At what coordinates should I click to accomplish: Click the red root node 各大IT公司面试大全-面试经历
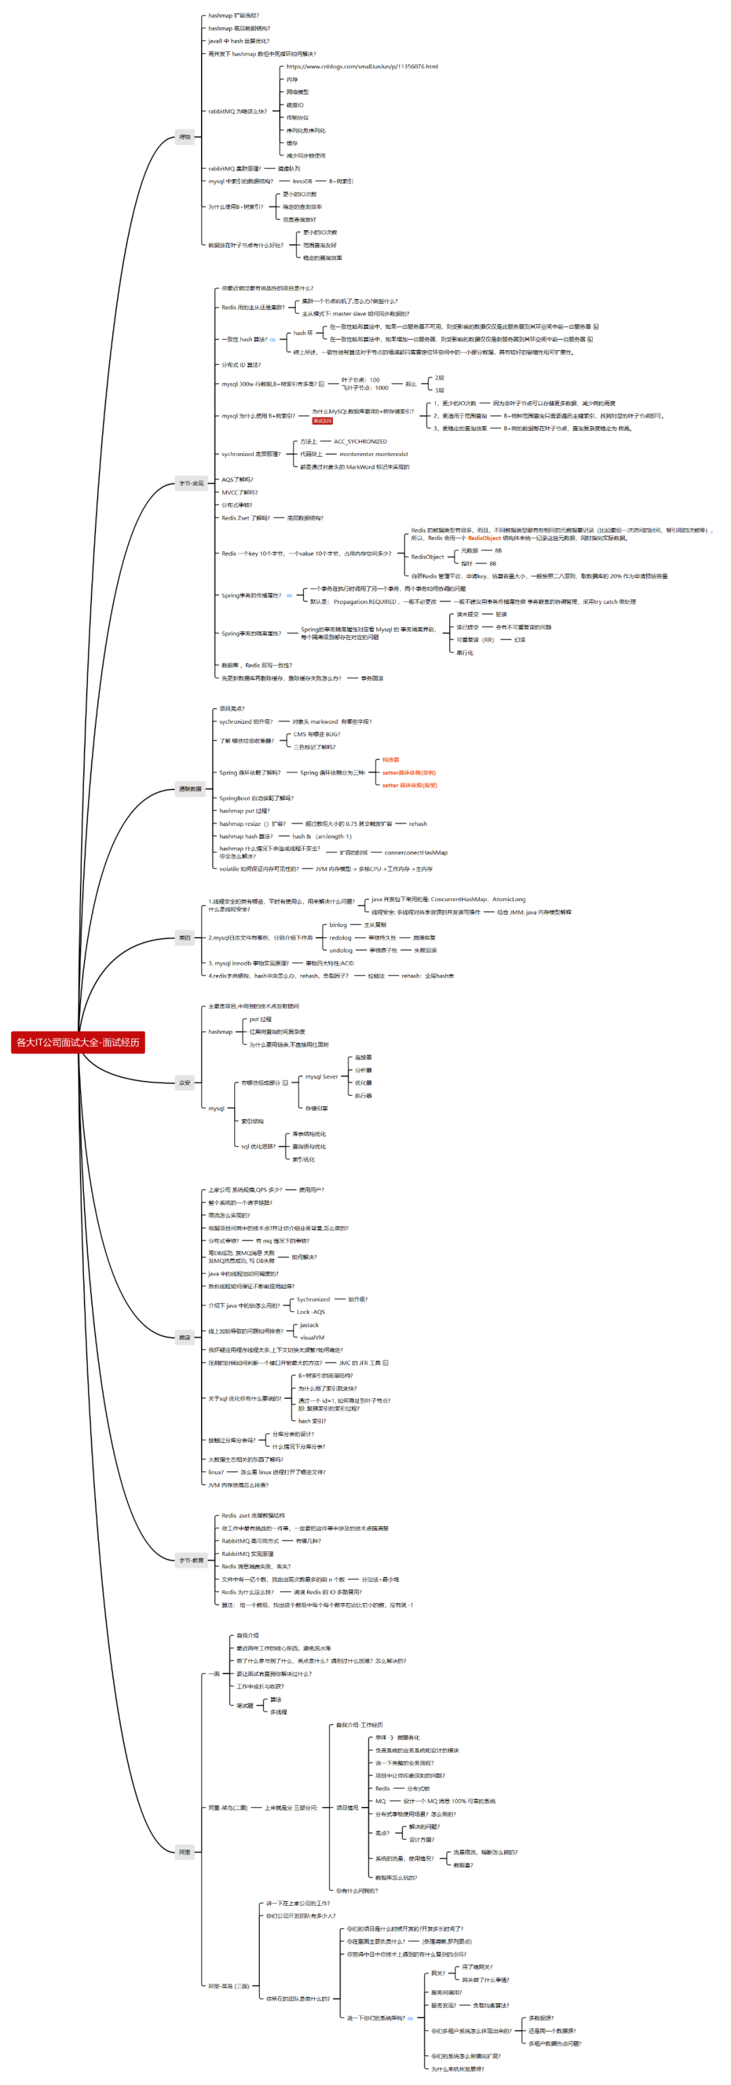78,1042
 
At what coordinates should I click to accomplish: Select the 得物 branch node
185,137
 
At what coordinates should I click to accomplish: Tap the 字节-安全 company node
191,483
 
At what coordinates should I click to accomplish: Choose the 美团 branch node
185,937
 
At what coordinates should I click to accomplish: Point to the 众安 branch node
185,1082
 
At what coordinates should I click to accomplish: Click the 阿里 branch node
185,1851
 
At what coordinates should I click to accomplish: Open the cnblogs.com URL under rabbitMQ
362,66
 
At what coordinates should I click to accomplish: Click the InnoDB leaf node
302,181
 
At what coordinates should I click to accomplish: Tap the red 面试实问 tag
322,421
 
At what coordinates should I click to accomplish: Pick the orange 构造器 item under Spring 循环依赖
391,760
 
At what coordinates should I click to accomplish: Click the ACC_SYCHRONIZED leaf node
360,441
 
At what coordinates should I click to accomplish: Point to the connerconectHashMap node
416,852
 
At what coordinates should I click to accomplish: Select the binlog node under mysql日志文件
338,924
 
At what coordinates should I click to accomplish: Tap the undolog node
341,950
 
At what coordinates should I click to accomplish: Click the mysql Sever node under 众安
322,1076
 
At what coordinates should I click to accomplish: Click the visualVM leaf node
311,1337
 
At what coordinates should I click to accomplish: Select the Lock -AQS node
311,1312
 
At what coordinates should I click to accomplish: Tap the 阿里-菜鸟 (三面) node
228,1986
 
